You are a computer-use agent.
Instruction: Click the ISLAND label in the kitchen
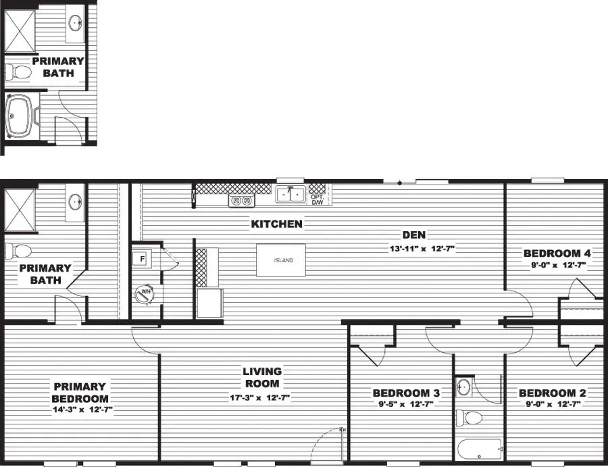(x=283, y=260)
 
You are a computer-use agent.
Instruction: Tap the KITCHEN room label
(x=276, y=224)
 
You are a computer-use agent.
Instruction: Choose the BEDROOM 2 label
(x=552, y=393)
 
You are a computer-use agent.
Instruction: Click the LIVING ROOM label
(x=262, y=377)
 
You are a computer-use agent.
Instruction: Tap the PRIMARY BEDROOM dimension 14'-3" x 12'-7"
(x=80, y=409)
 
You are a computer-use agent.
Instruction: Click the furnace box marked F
(x=143, y=259)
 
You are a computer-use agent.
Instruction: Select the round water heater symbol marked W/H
(x=144, y=293)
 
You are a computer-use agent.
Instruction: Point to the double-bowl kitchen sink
(x=291, y=195)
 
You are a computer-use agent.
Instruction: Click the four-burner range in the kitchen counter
(x=241, y=200)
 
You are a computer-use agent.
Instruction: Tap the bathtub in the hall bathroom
(x=479, y=447)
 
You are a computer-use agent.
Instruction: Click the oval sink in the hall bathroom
(x=463, y=387)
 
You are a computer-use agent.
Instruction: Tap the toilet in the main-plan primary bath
(x=19, y=251)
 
